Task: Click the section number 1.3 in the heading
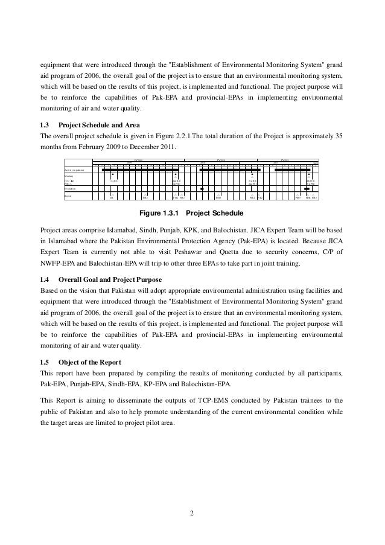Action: coord(44,124)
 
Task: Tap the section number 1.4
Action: coord(44,278)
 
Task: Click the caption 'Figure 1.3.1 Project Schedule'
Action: coord(191,213)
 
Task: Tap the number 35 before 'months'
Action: coord(339,135)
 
